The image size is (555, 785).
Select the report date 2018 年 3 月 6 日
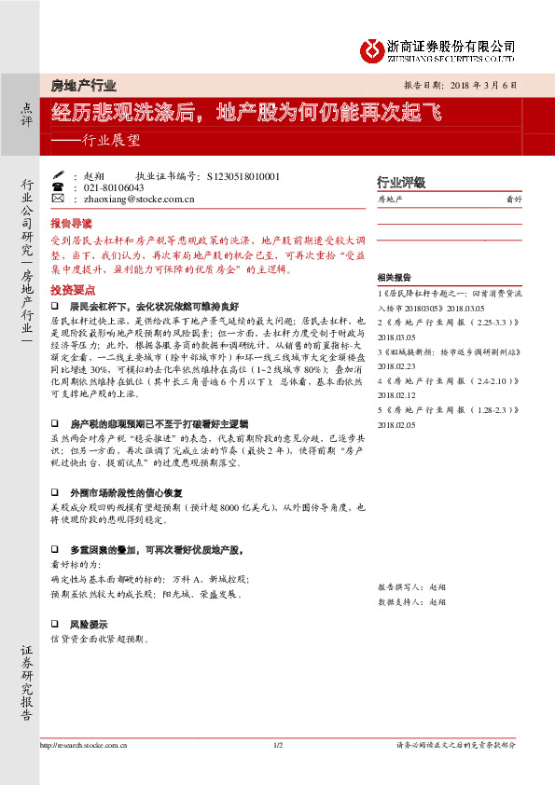click(x=475, y=84)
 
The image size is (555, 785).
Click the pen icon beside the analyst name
click(x=58, y=174)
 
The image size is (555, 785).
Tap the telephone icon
click(x=58, y=186)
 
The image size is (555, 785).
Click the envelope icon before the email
click(x=58, y=199)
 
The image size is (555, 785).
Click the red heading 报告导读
click(x=71, y=224)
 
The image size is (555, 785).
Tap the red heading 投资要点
click(x=71, y=290)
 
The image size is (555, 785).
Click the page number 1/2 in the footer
click(x=277, y=745)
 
